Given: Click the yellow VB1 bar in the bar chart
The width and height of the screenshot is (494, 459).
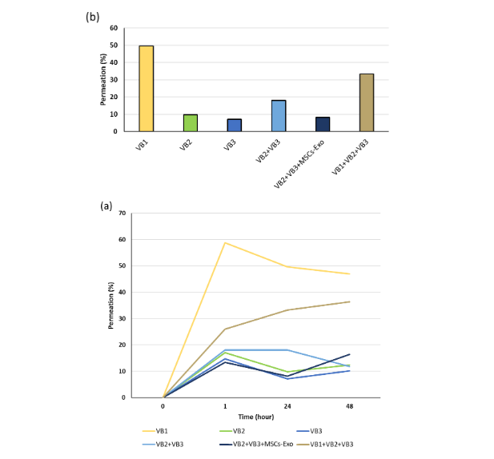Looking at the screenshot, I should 146,89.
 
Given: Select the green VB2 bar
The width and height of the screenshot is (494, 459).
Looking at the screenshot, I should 190,122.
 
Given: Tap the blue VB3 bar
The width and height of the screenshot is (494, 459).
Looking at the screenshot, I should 234,125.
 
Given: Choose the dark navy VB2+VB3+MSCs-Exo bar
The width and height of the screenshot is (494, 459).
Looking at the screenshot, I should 322,124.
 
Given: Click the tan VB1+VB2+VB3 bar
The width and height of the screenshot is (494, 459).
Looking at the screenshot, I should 366,102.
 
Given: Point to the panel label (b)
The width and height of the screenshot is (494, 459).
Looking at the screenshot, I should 92,18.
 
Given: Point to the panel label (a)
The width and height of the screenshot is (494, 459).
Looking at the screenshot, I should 106,206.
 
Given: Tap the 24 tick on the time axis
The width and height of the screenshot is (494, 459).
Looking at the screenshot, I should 287,406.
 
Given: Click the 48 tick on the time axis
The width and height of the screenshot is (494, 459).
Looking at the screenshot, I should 349,406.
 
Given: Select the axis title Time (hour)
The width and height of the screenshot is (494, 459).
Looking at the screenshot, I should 256,417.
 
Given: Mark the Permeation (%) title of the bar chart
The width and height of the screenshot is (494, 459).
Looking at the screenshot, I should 102,80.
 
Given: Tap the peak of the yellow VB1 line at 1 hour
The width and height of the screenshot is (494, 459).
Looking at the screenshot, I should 225,242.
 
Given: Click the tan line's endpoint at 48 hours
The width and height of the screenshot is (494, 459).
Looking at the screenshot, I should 349,301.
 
